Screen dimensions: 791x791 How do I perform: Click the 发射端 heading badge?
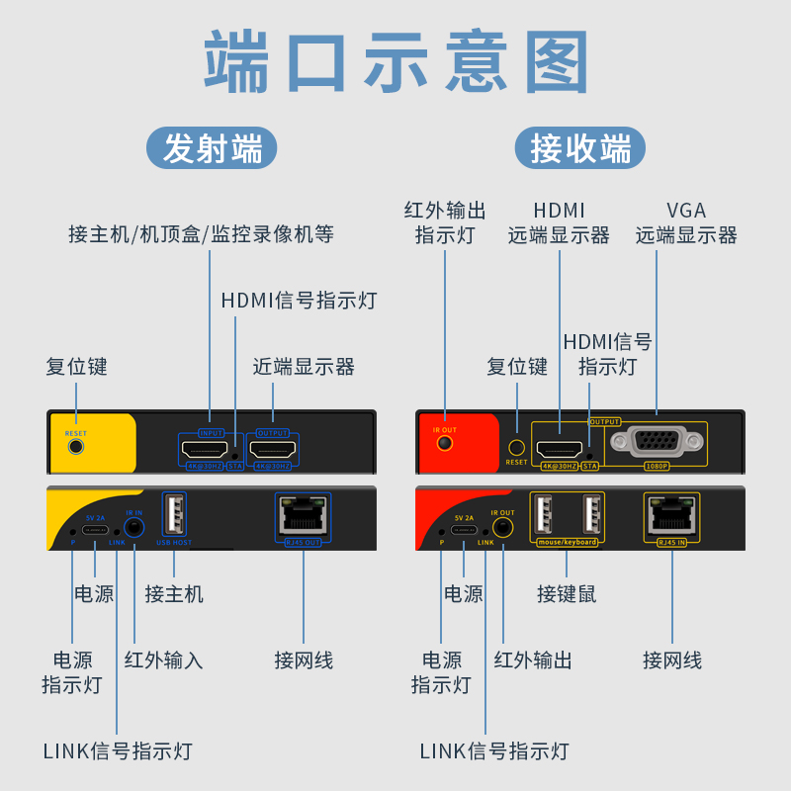pyautogui.click(x=213, y=149)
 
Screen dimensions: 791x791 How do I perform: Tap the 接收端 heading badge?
pyautogui.click(x=580, y=149)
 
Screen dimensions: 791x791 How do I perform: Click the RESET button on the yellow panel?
pyautogui.click(x=76, y=446)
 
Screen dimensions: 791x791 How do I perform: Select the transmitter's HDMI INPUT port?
pyautogui.click(x=211, y=450)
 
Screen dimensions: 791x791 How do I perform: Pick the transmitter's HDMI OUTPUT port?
pyautogui.click(x=273, y=450)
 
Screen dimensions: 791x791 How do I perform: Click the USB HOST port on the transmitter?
pyautogui.click(x=174, y=516)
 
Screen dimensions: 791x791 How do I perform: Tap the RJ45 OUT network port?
pyautogui.click(x=303, y=515)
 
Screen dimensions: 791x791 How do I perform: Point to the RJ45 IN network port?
pyautogui.click(x=671, y=514)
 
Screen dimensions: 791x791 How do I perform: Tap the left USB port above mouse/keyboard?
pyautogui.click(x=542, y=515)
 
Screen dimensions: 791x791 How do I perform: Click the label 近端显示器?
pyautogui.click(x=304, y=367)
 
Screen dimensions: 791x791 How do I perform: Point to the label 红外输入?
pyautogui.click(x=163, y=659)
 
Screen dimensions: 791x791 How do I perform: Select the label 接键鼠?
pyautogui.click(x=567, y=594)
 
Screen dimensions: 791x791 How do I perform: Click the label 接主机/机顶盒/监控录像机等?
pyautogui.click(x=202, y=234)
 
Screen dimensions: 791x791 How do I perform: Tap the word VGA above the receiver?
pyautogui.click(x=686, y=211)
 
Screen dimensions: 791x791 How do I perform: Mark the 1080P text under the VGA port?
pyautogui.click(x=657, y=465)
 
